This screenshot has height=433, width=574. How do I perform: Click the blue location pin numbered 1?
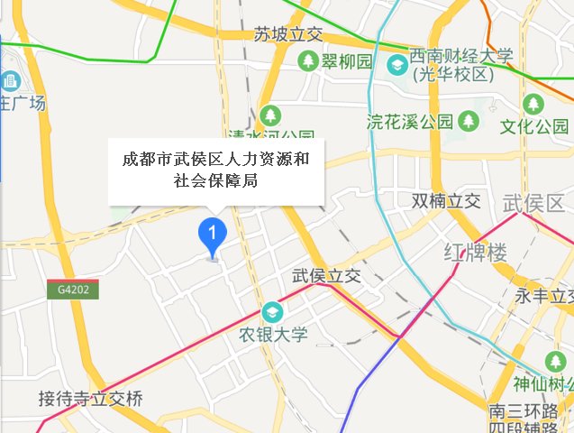point(212,235)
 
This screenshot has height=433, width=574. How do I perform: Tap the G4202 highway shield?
point(73,290)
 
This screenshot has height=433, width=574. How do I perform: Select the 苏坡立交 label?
point(287,35)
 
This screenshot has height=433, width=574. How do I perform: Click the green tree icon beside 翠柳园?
point(308,61)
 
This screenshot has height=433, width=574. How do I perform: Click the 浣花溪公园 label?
point(410,122)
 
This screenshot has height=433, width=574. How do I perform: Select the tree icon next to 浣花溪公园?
point(468,121)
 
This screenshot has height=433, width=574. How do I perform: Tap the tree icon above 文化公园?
point(533,105)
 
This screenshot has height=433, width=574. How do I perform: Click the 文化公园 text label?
point(536,126)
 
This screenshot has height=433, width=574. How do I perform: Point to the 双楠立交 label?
point(446,200)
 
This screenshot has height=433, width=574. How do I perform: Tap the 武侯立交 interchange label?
point(326,277)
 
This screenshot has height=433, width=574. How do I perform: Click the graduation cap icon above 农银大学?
point(271,312)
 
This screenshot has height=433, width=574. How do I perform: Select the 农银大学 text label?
point(273,335)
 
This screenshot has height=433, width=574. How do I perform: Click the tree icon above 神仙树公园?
point(553,363)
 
